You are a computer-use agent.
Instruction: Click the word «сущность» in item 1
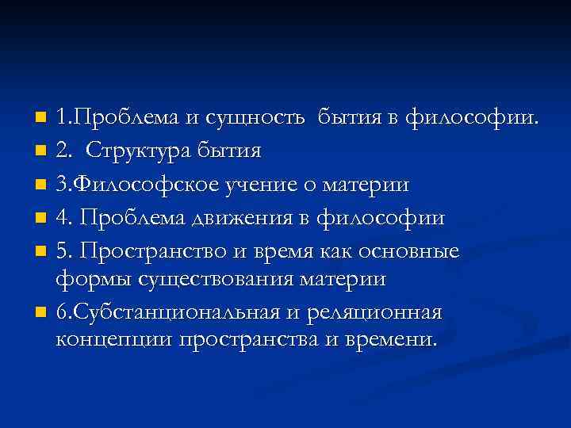(255, 119)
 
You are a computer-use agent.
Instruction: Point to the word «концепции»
(114, 341)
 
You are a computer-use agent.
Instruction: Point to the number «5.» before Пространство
(66, 251)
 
